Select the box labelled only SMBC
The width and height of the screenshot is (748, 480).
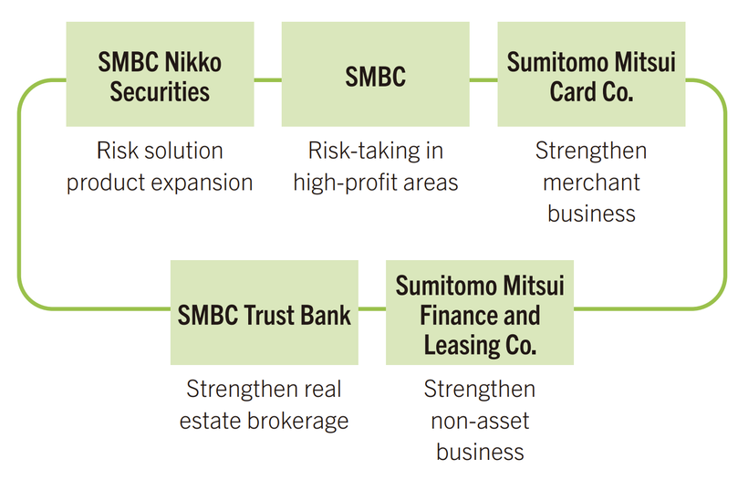click(375, 76)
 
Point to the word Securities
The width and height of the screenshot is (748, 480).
click(160, 91)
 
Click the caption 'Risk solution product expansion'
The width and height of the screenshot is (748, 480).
click(160, 166)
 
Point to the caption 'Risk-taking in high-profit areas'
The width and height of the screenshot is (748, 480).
click(375, 166)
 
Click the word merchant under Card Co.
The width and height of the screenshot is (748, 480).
click(591, 183)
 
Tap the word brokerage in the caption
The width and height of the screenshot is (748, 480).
click(302, 421)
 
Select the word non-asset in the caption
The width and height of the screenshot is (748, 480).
click(480, 421)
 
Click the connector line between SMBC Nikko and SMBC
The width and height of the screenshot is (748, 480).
click(267, 80)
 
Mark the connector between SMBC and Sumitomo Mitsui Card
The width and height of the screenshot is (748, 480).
click(483, 80)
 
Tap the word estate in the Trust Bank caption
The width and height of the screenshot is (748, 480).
click(209, 421)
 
